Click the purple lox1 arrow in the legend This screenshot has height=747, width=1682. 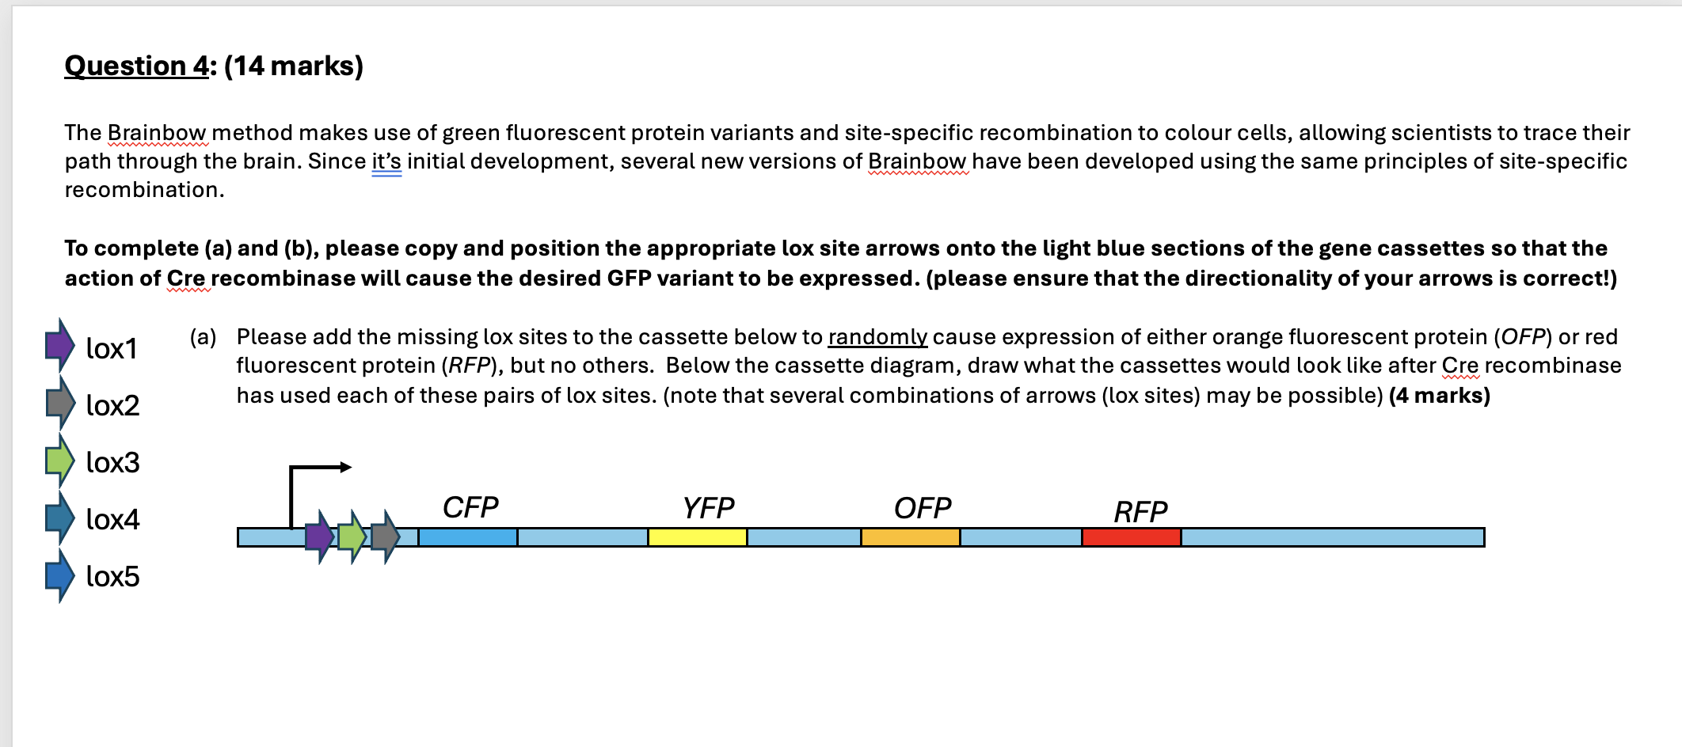59,345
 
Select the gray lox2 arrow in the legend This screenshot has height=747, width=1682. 59,403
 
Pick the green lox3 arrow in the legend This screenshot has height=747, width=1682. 59,460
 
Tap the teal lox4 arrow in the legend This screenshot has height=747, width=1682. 59,518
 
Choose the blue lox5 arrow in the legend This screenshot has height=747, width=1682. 59,575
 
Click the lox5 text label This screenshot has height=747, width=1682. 112,577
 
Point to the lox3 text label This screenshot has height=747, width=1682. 112,463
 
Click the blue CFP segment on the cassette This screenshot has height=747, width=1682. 467,537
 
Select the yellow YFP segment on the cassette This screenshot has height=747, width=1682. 697,537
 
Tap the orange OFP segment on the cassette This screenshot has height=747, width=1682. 910,537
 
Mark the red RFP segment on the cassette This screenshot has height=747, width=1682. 1131,537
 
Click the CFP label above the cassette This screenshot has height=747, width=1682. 470,507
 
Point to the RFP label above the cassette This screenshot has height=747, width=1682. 1140,512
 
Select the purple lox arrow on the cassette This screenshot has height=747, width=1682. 319,537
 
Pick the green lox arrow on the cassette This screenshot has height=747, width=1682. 352,537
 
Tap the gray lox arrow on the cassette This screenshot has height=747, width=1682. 385,537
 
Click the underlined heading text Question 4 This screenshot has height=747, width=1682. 136,66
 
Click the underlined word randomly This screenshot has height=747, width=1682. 877,337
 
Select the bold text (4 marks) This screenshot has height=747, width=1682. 1440,396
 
